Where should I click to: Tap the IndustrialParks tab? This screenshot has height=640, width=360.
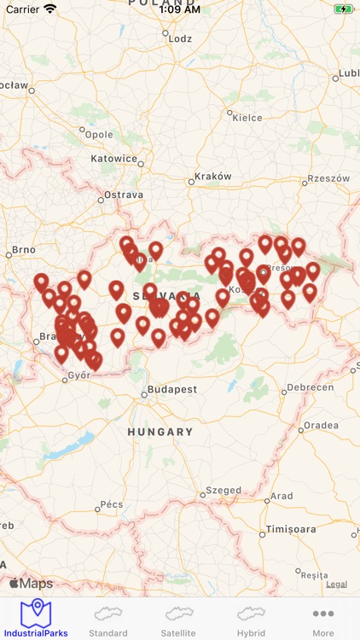(x=35, y=619)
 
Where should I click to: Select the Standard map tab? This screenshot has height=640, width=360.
(x=108, y=619)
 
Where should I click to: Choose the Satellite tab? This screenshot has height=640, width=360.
(x=178, y=619)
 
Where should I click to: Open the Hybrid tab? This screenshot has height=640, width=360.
(x=251, y=619)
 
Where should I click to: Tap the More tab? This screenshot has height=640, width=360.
(x=322, y=619)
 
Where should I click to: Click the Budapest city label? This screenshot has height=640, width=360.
(x=171, y=389)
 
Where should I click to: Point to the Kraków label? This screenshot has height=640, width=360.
(x=212, y=177)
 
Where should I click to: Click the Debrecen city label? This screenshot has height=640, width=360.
(x=310, y=387)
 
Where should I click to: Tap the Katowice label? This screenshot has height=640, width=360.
(x=114, y=159)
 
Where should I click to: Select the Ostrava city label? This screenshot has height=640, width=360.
(x=124, y=195)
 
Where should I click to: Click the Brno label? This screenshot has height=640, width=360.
(x=24, y=251)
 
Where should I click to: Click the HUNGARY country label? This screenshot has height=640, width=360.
(x=160, y=432)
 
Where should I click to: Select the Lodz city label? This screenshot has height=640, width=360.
(x=180, y=38)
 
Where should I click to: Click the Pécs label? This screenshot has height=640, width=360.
(x=112, y=504)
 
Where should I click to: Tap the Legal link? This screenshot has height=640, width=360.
(x=336, y=585)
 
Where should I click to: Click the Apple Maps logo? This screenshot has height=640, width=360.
(x=31, y=584)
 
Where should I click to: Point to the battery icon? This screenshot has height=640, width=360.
(x=343, y=9)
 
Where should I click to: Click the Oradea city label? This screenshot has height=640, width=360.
(x=321, y=426)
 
